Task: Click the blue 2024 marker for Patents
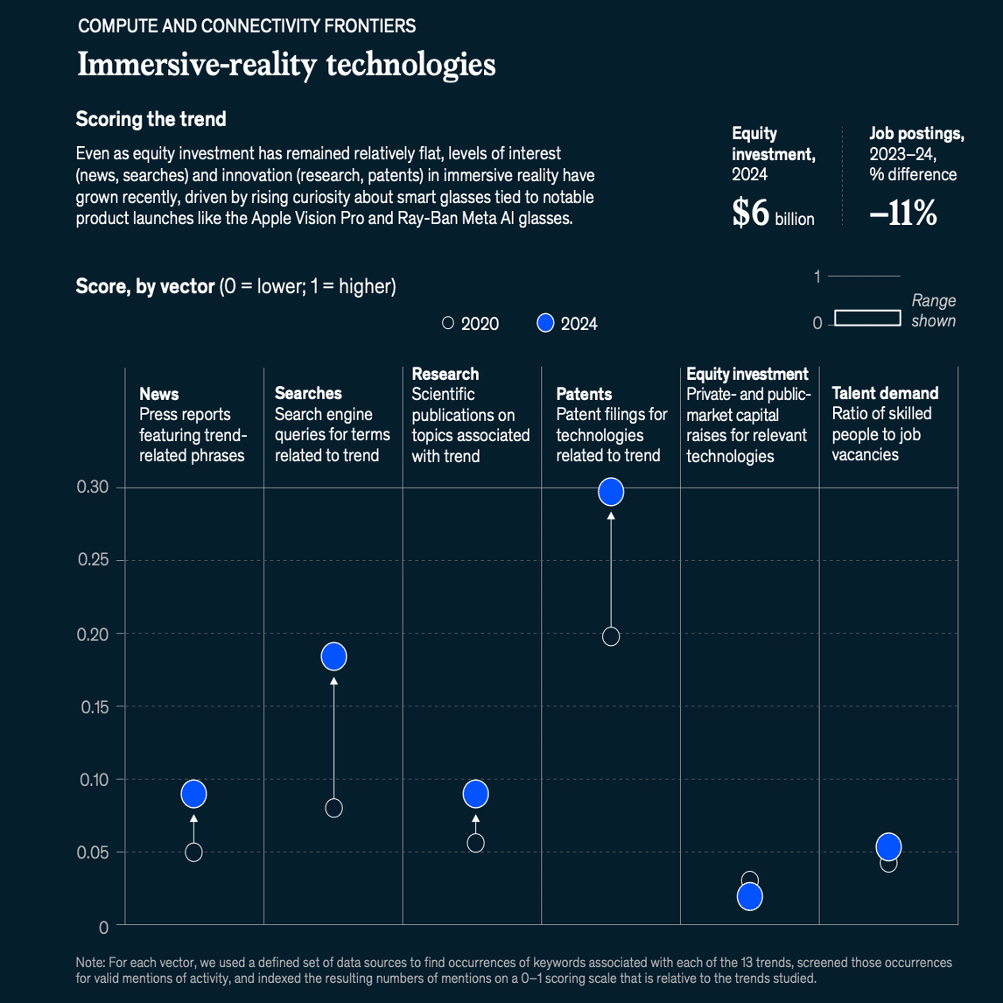[x=611, y=492]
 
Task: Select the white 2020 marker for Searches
[x=333, y=808]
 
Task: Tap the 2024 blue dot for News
[x=193, y=794]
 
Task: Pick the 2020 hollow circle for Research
[x=475, y=843]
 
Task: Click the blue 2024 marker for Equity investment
[x=750, y=896]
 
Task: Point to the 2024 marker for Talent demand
[x=888, y=846]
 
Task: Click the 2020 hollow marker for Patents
[x=611, y=636]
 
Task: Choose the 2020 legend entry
[x=471, y=324]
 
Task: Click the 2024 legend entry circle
[x=546, y=323]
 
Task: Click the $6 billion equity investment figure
[x=773, y=214]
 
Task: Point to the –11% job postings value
[x=902, y=214]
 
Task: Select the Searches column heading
[x=308, y=393]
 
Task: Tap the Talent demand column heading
[x=885, y=393]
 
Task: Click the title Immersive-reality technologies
[x=286, y=64]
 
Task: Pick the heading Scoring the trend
[x=151, y=119]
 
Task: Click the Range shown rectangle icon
[x=867, y=318]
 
